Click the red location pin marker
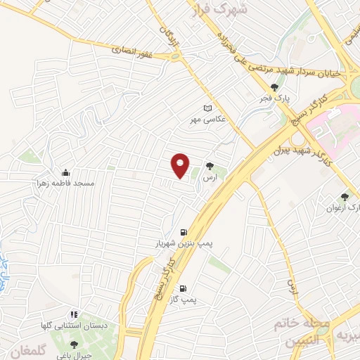click(181, 166)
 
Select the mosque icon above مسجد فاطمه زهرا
click(66, 172)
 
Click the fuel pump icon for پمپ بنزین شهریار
click(184, 233)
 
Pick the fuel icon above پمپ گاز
click(183, 289)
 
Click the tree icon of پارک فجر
click(284, 87)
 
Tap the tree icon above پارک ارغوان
click(345, 198)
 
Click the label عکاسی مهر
click(206, 119)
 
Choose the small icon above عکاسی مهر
click(207, 108)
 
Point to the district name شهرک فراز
click(219, 11)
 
